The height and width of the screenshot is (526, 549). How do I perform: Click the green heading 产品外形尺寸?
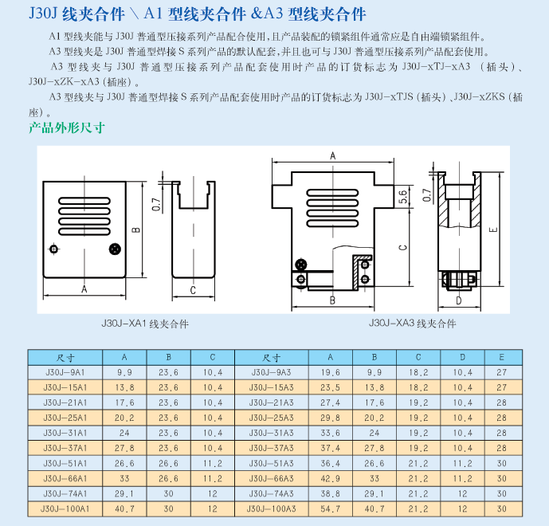pyautogui.click(x=67, y=128)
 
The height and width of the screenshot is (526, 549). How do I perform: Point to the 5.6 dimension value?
pyautogui.click(x=403, y=195)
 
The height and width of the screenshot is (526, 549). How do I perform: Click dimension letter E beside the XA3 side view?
pyautogui.click(x=494, y=230)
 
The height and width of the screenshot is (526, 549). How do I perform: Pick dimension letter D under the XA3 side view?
pyautogui.click(x=459, y=300)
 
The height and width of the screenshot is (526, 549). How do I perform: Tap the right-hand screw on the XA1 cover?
pyautogui.click(x=115, y=249)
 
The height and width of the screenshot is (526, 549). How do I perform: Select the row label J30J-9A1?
pyautogui.click(x=67, y=371)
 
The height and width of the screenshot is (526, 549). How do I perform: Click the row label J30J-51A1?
pyautogui.click(x=67, y=462)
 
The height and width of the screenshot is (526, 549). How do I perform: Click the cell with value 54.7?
pyautogui.click(x=331, y=508)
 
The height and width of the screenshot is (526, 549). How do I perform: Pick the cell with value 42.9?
pyautogui.click(x=331, y=477)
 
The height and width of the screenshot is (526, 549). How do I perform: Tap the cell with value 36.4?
pyautogui.click(x=331, y=462)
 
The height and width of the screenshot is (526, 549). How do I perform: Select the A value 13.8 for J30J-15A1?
pyautogui.click(x=125, y=387)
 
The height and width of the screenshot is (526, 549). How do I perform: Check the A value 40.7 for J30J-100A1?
pyautogui.click(x=125, y=508)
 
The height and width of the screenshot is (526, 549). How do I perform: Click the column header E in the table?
pyautogui.click(x=501, y=357)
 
